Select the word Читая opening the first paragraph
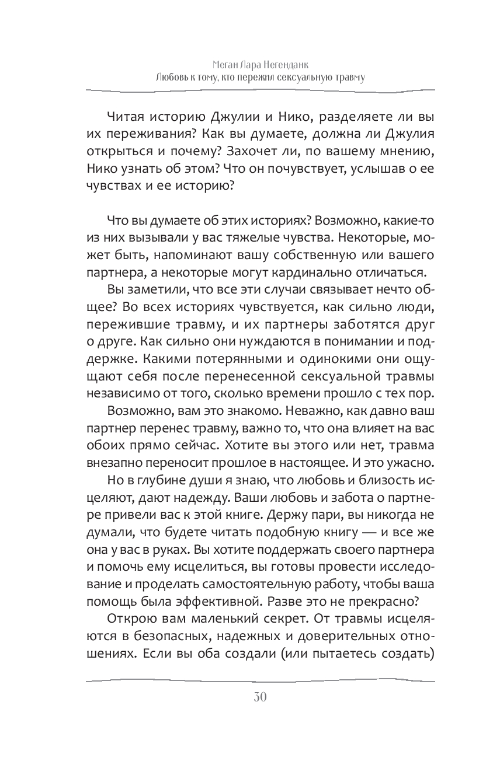[x=126, y=118]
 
